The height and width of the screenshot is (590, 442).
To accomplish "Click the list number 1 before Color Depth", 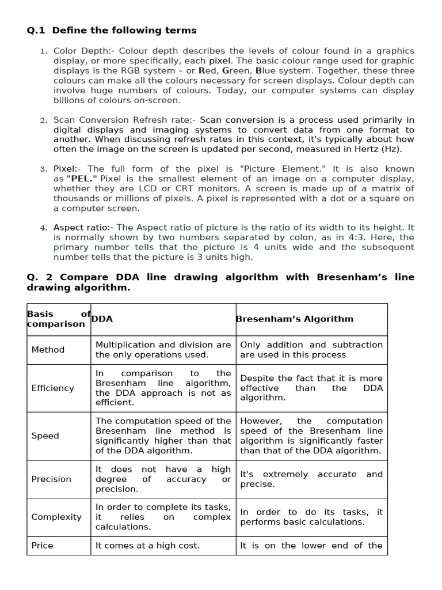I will pos(43,52).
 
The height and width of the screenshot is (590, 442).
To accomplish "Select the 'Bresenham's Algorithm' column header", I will pos(295,319).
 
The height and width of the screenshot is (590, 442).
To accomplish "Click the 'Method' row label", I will pos(48,350).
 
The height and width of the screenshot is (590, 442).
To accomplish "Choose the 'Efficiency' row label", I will pos(52,388).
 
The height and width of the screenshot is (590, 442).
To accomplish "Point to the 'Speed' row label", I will pos(45,436).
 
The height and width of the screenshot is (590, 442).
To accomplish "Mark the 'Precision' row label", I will pos(51,479).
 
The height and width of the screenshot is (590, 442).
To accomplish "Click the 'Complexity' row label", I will pos(56,517).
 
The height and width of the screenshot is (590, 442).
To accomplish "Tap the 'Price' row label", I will pos(42,546).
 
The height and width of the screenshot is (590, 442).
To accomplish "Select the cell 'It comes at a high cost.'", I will pos(147,546).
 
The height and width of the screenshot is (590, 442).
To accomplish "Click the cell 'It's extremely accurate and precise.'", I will pos(311,479).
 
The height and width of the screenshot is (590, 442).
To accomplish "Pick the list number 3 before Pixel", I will pos(43,169).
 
